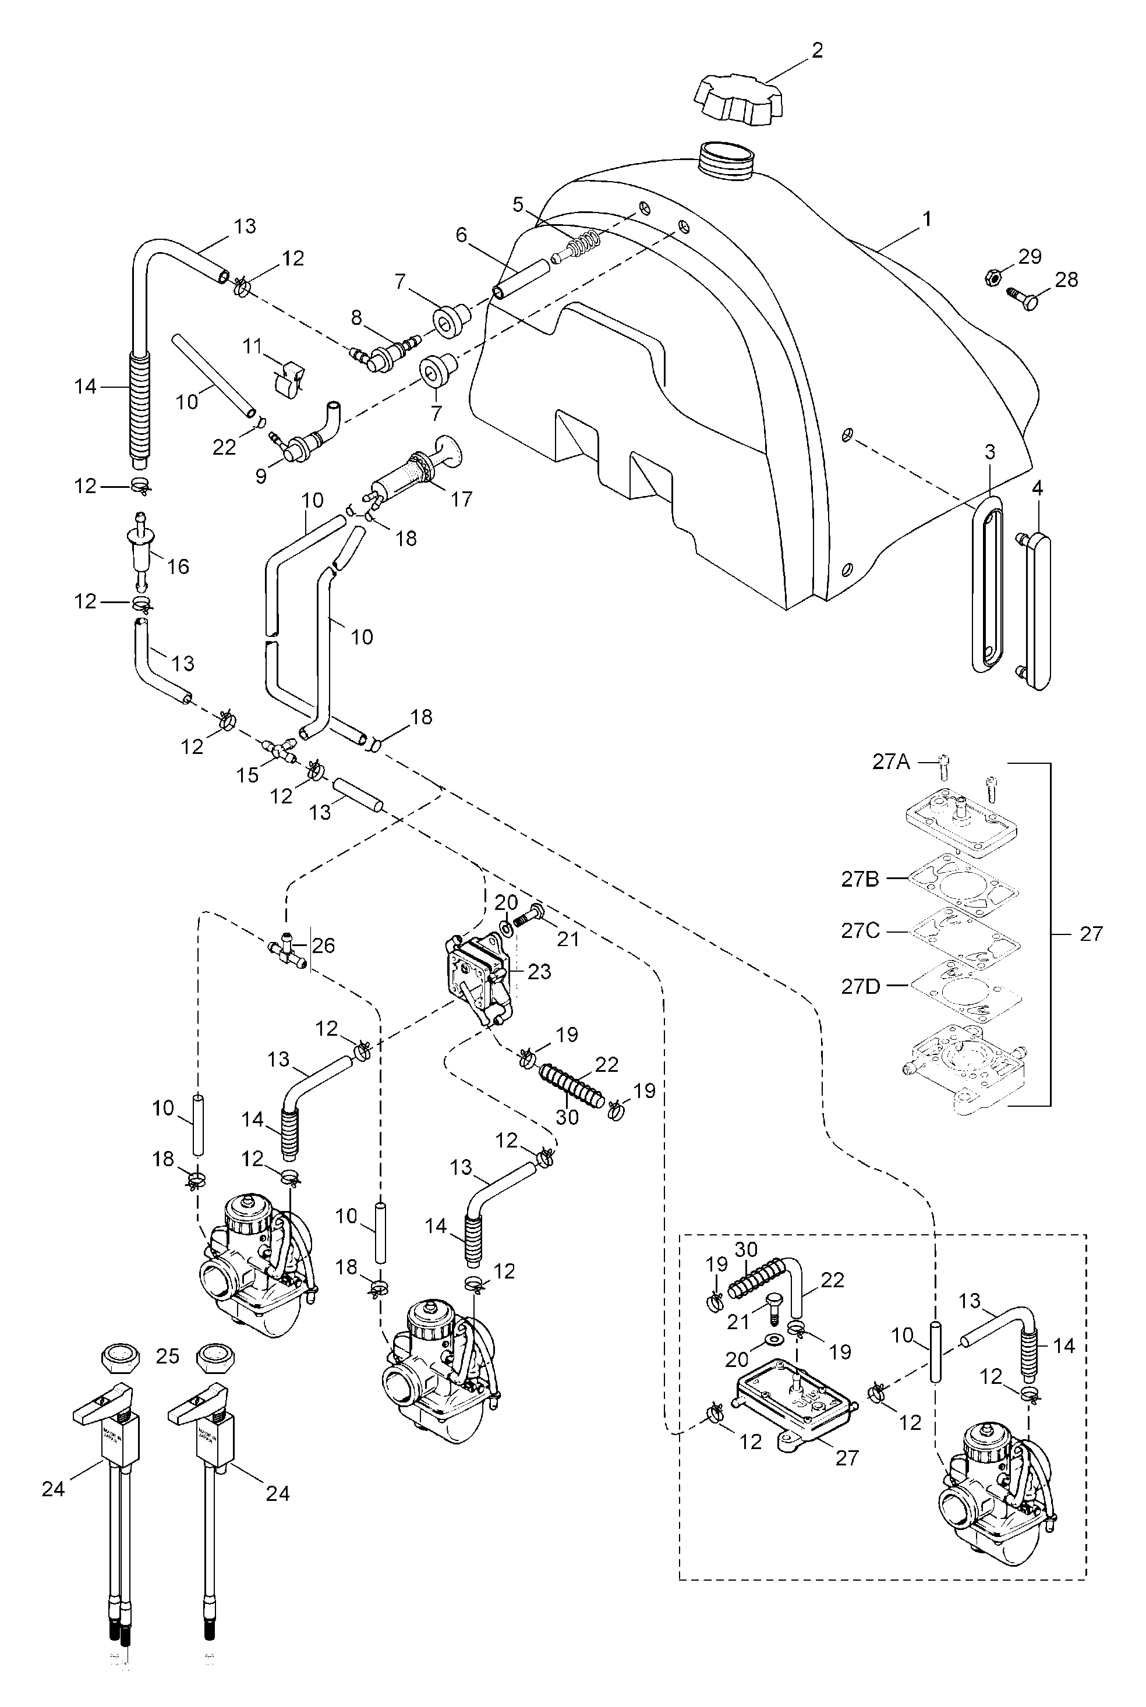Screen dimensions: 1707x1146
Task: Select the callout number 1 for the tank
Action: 926,218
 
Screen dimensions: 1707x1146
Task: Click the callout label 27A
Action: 891,762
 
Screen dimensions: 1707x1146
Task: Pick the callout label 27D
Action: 860,986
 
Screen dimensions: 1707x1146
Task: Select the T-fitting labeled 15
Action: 279,750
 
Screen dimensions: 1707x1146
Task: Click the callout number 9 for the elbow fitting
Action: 261,476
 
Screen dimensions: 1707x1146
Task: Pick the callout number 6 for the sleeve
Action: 461,235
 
